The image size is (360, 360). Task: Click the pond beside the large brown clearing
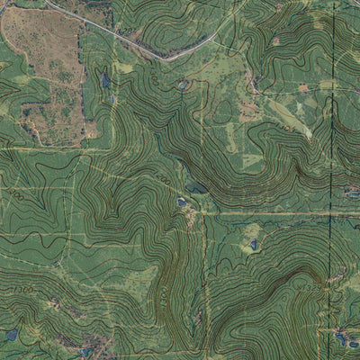tap(105, 80)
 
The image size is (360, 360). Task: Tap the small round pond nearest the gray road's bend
tap(184, 85)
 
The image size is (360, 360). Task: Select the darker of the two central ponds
tap(195, 188)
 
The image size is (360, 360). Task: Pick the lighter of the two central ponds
tap(182, 202)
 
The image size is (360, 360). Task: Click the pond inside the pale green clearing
tap(254, 244)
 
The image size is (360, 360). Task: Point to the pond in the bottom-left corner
tap(12, 335)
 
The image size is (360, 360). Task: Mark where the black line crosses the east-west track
tap(331, 214)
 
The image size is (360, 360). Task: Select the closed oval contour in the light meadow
tap(222, 112)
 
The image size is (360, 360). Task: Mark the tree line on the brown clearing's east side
tap(87, 90)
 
